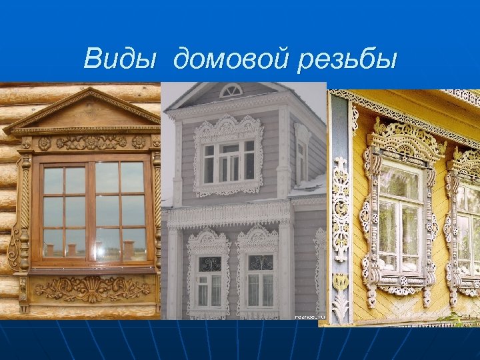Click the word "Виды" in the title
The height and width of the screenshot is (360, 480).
[121, 59]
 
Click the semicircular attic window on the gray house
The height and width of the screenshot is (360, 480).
[231, 91]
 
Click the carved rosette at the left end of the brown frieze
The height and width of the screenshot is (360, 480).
[45, 143]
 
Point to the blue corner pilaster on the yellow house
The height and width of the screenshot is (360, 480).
[341, 213]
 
